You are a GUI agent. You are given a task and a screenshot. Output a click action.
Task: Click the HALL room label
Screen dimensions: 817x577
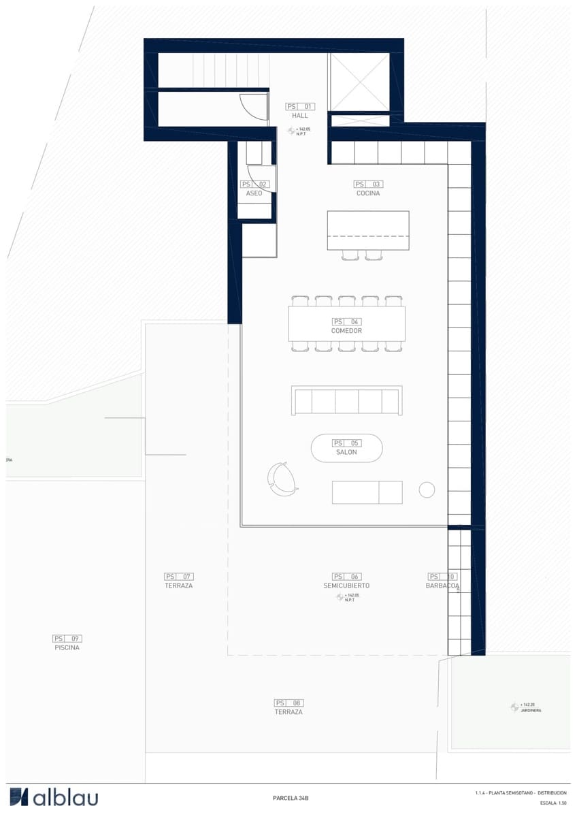click(x=300, y=116)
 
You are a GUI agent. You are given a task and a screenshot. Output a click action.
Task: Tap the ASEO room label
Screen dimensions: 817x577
click(x=254, y=193)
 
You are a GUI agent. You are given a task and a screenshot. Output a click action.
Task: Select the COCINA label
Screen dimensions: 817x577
click(x=368, y=193)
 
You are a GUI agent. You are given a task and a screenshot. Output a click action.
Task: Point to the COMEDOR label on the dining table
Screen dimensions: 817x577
click(x=346, y=331)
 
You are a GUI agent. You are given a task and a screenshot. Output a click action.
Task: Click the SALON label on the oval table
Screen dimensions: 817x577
click(x=346, y=452)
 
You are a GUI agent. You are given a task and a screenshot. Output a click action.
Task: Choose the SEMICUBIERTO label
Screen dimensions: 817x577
click(x=346, y=586)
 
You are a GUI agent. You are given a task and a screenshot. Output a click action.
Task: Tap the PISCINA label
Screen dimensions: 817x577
click(x=67, y=647)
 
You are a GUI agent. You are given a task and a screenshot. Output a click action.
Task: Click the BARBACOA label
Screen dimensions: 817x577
click(x=442, y=586)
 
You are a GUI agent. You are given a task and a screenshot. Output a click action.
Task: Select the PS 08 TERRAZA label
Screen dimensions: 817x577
click(x=288, y=711)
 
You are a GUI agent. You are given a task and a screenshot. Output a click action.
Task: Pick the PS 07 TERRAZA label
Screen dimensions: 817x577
click(x=179, y=586)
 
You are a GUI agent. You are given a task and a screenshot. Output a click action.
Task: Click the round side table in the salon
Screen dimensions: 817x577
click(x=427, y=490)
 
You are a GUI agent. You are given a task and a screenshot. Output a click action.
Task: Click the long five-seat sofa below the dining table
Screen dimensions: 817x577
click(x=347, y=401)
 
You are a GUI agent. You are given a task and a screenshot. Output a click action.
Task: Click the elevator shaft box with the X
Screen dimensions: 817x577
click(x=359, y=82)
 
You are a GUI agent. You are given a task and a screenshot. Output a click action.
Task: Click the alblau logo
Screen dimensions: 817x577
click(x=54, y=797)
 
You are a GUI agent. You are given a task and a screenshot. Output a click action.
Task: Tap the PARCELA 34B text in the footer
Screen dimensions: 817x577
click(x=291, y=798)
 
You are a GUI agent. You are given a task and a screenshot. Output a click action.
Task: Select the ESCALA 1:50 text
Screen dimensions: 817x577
click(x=553, y=803)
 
